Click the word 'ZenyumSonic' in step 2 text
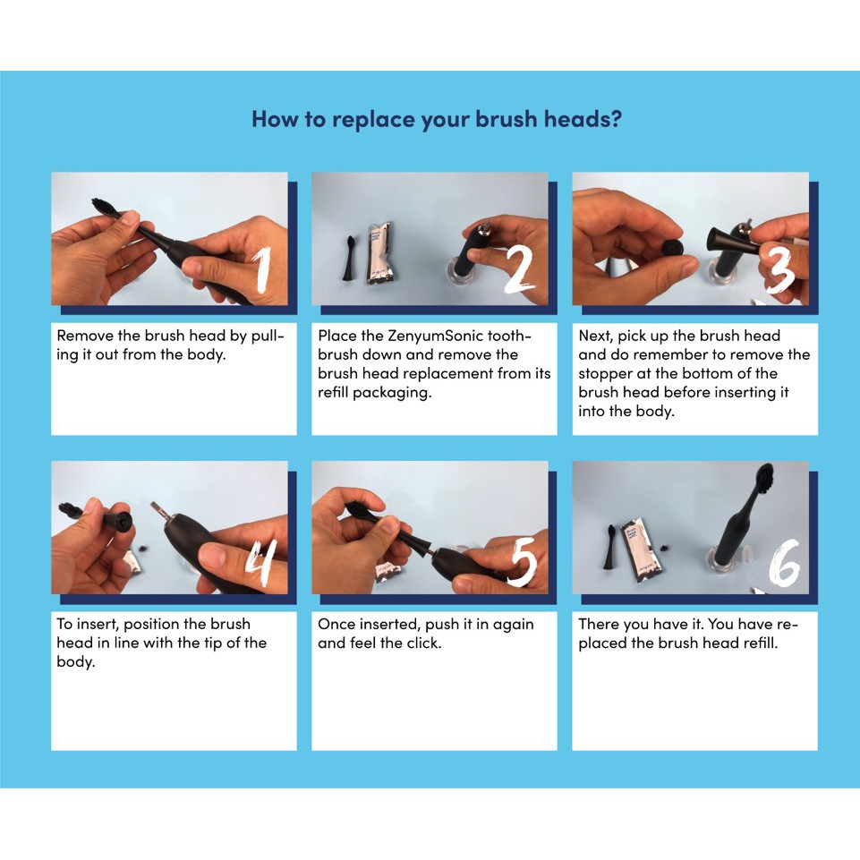[435, 336]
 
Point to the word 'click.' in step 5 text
[423, 643]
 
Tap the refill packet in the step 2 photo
[380, 253]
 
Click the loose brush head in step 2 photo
[349, 259]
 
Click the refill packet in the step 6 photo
[641, 552]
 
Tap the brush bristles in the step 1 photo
[104, 207]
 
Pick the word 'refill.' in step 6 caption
[761, 643]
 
